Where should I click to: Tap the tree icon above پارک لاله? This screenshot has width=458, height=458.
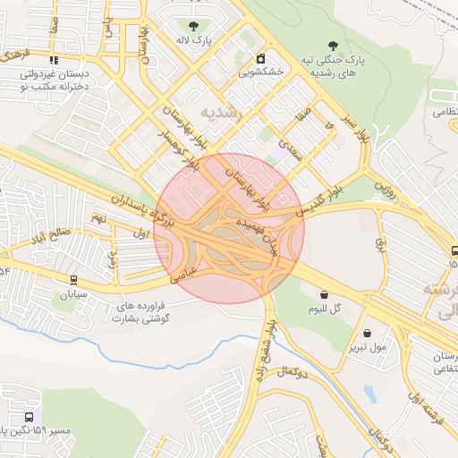[191, 25]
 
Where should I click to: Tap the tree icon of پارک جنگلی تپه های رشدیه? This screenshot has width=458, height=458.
[333, 44]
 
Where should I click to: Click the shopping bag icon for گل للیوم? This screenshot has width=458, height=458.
[323, 293]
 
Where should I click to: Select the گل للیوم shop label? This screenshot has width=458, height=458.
[326, 310]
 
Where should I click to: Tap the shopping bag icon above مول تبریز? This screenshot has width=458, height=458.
[368, 333]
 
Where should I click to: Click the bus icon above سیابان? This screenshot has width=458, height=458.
[72, 279]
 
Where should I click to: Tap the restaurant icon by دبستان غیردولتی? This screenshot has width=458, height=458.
[56, 61]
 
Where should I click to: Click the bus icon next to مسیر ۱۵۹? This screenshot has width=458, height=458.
[30, 417]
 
